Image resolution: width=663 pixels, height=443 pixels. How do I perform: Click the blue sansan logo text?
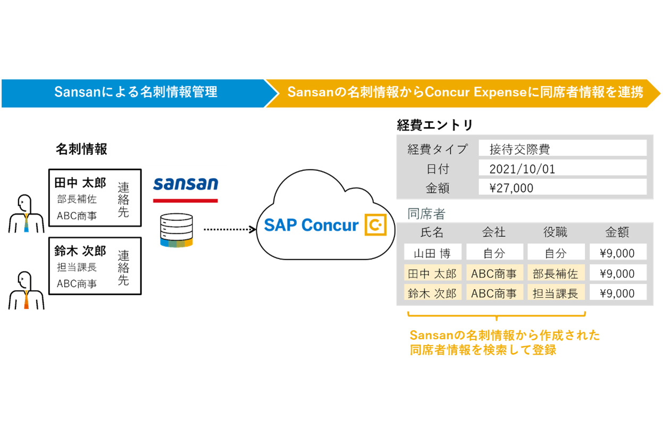[x=186, y=184]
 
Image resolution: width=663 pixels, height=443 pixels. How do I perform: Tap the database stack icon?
[x=176, y=230]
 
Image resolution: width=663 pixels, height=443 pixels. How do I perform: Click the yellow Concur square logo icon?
[x=375, y=225]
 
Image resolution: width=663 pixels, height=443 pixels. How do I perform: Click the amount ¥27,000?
[x=511, y=187]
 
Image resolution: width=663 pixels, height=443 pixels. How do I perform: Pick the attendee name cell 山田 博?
[x=432, y=253]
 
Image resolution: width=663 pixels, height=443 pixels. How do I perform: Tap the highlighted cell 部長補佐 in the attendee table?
[x=555, y=274]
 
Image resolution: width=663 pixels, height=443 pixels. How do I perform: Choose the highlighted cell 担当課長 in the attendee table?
[x=555, y=293]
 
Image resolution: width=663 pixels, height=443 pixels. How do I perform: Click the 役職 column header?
[x=555, y=232]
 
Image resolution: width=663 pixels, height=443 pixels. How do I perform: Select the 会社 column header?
[x=494, y=232]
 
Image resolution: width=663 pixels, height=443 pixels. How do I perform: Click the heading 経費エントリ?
[x=434, y=125]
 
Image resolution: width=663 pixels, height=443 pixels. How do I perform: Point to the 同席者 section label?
[x=426, y=214]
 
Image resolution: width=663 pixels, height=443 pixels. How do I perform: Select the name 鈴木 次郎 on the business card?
[x=80, y=251]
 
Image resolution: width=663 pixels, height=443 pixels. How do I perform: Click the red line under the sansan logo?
[x=185, y=201]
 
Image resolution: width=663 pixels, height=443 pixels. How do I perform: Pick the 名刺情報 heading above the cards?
[x=81, y=150]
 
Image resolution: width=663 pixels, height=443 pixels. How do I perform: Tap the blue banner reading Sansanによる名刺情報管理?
[x=136, y=93]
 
